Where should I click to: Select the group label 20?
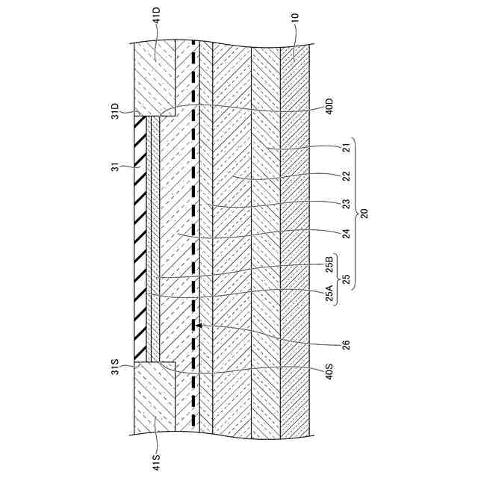(x=364, y=212)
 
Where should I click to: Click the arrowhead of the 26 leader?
(x=199, y=326)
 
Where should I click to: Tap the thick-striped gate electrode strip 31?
(x=140, y=235)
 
